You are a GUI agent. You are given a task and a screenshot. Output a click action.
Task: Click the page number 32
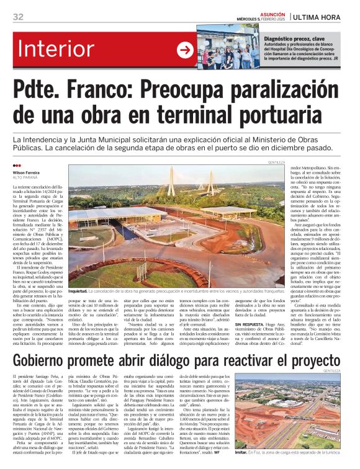19,16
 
